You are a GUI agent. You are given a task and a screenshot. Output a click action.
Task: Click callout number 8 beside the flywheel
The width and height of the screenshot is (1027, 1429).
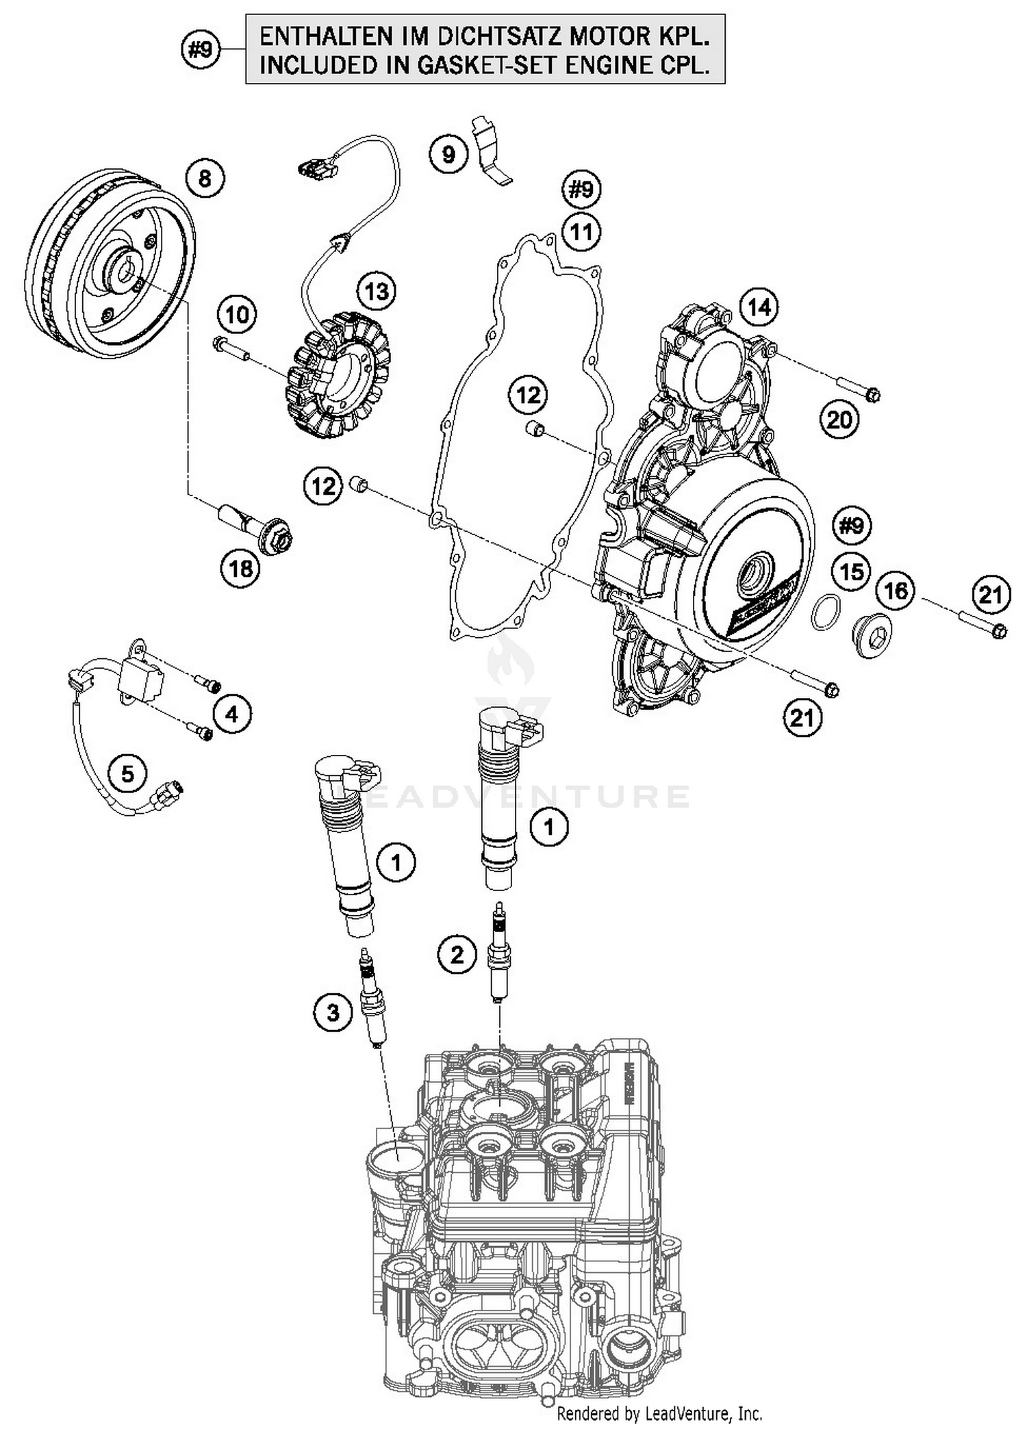205,179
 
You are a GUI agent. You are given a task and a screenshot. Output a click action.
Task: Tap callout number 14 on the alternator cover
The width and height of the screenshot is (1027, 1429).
759,307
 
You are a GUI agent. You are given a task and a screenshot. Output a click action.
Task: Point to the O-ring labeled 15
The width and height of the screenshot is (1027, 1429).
826,611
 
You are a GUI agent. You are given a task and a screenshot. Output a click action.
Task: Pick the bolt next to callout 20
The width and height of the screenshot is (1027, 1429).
859,389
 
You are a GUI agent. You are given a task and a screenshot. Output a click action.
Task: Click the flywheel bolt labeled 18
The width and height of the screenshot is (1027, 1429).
257,527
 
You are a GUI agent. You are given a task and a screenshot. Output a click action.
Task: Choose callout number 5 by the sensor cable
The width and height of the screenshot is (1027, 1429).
128,775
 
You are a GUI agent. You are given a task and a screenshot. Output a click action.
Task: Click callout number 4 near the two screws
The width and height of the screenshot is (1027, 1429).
231,714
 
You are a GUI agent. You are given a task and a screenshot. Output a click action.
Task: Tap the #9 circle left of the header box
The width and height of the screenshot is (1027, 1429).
201,50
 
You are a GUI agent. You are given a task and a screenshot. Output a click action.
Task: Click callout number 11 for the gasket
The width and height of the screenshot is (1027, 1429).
581,232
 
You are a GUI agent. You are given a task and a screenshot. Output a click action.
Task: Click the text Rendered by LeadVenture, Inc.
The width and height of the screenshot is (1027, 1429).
659,1413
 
